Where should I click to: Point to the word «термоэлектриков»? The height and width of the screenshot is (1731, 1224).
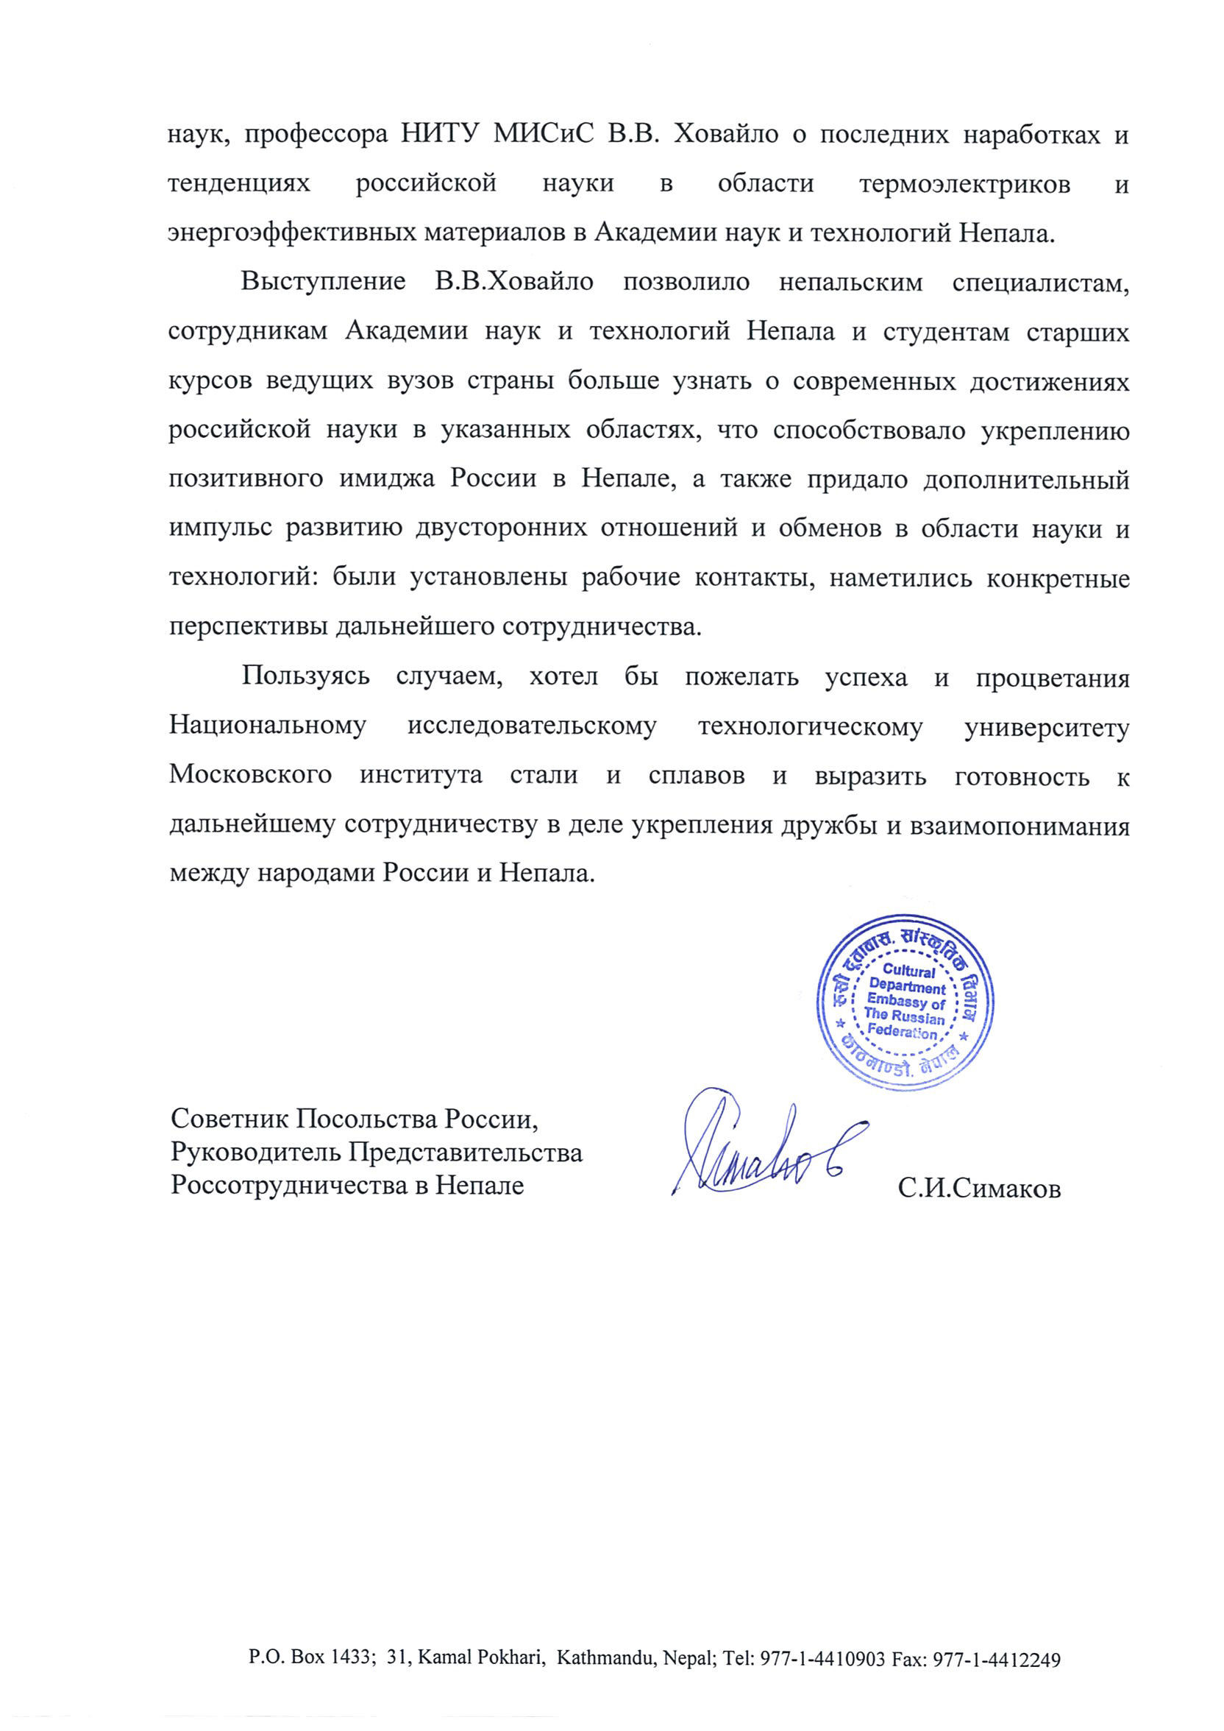(964, 184)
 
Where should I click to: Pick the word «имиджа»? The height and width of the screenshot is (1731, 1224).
(386, 480)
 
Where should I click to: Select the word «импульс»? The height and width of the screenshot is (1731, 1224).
(219, 528)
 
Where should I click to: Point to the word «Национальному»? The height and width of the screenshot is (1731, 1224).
(268, 725)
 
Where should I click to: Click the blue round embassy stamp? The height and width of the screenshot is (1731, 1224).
(905, 1002)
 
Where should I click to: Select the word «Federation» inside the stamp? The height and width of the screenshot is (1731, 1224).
(901, 1032)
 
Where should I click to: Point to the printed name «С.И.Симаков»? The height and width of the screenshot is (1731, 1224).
(979, 1189)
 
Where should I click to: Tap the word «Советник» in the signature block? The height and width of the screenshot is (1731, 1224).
(228, 1119)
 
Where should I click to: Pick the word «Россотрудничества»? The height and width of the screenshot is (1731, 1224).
(290, 1185)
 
